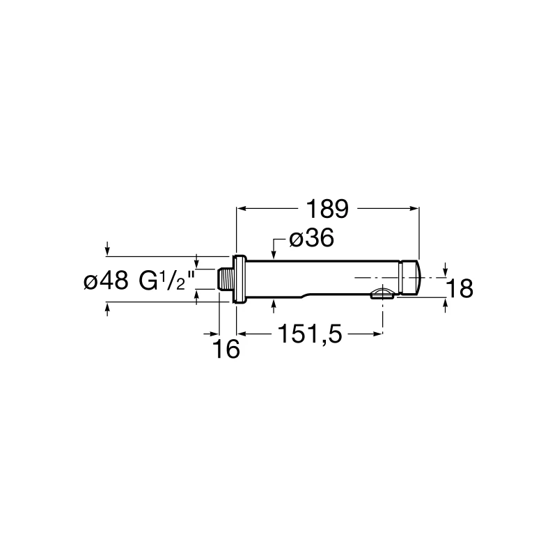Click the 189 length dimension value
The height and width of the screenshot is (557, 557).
(x=328, y=208)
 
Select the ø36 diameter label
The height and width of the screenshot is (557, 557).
(x=311, y=238)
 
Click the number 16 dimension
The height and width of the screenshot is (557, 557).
(x=226, y=349)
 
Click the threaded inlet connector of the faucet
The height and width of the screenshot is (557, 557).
(x=226, y=281)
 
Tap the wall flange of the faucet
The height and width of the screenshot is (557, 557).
(x=240, y=281)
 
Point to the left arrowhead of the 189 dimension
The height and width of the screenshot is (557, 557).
(x=242, y=207)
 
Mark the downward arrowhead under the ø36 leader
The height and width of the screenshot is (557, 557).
(x=275, y=255)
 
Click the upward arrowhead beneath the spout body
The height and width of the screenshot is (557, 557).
(x=275, y=304)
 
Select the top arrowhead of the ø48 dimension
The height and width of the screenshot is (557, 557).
(x=108, y=252)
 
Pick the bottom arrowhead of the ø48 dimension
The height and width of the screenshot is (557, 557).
(x=108, y=306)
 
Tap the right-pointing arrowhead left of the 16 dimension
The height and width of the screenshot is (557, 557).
(x=216, y=334)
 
